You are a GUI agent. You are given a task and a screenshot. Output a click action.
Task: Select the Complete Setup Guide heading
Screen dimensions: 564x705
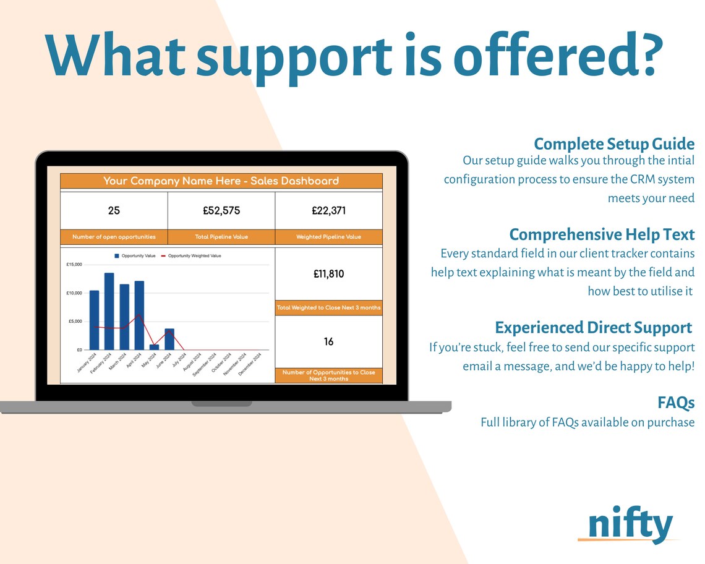point(614,144)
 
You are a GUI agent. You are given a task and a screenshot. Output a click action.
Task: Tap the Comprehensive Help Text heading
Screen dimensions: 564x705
point(602,235)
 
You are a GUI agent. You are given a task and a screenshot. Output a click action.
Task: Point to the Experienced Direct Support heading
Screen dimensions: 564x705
point(593,327)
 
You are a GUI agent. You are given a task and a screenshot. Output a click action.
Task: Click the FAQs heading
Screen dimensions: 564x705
point(676,403)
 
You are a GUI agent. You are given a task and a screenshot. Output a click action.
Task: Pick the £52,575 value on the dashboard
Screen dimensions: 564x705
point(221,211)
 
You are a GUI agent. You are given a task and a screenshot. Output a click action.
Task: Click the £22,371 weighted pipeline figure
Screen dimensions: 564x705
point(328,211)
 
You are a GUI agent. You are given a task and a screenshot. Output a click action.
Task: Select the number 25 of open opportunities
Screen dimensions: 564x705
point(114,211)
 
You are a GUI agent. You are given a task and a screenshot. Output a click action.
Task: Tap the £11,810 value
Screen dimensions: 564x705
point(328,274)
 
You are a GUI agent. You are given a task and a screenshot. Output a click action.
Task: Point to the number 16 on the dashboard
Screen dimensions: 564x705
point(328,341)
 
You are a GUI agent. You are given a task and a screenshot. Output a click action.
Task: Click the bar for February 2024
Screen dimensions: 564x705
point(109,311)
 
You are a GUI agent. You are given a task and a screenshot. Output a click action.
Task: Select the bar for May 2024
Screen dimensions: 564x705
point(154,347)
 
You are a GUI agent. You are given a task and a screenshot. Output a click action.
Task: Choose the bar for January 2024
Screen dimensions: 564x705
point(94,320)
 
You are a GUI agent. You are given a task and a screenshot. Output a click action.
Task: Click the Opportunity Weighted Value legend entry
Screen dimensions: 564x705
point(191,255)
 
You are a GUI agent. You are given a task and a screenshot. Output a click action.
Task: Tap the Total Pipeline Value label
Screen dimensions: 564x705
point(221,237)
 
